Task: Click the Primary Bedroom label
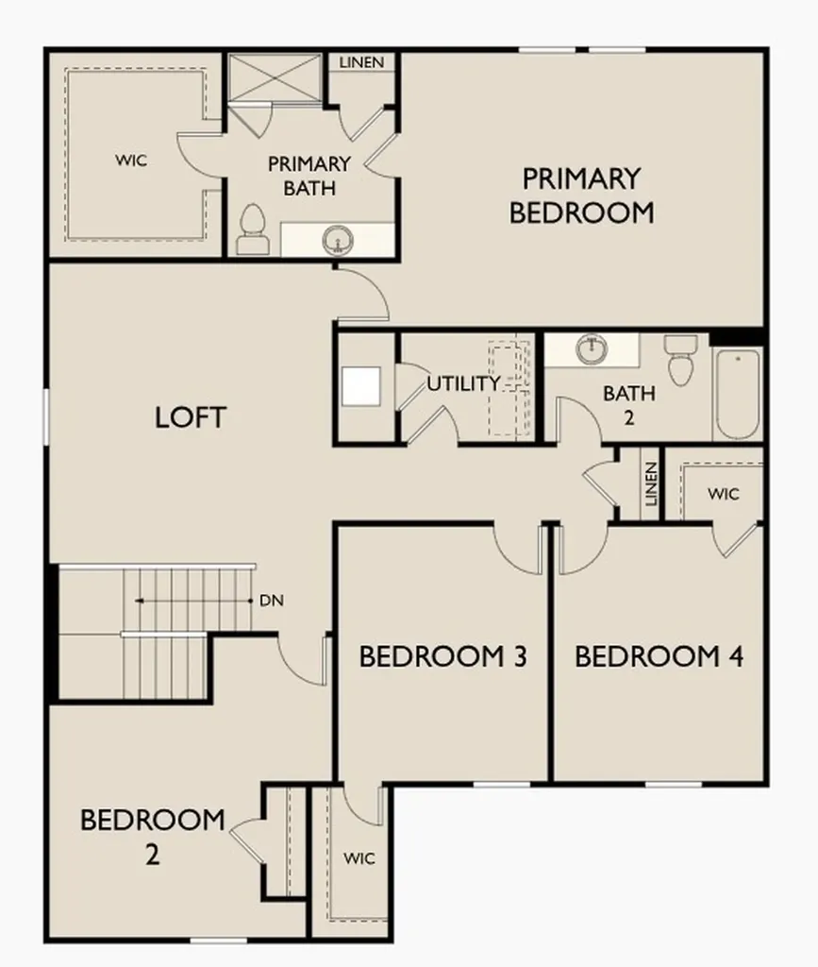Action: pos(581,195)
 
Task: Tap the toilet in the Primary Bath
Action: pos(253,229)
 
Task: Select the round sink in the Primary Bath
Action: pos(338,239)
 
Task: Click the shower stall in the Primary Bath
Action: pos(275,77)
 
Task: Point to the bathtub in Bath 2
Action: pos(737,394)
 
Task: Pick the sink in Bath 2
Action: pos(592,349)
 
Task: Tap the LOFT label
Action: pos(191,417)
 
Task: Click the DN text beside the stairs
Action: pos(272,600)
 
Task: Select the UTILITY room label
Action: pos(464,383)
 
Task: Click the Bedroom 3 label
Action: pos(442,656)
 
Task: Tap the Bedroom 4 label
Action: pos(659,656)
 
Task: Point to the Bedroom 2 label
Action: pos(153,837)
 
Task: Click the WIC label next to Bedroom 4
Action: pos(723,494)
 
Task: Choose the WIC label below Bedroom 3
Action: pos(359,857)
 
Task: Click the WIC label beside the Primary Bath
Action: pos(131,161)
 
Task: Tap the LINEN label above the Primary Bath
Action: pos(361,62)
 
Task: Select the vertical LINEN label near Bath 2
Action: pos(651,484)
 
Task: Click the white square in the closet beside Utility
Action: pos(361,386)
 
